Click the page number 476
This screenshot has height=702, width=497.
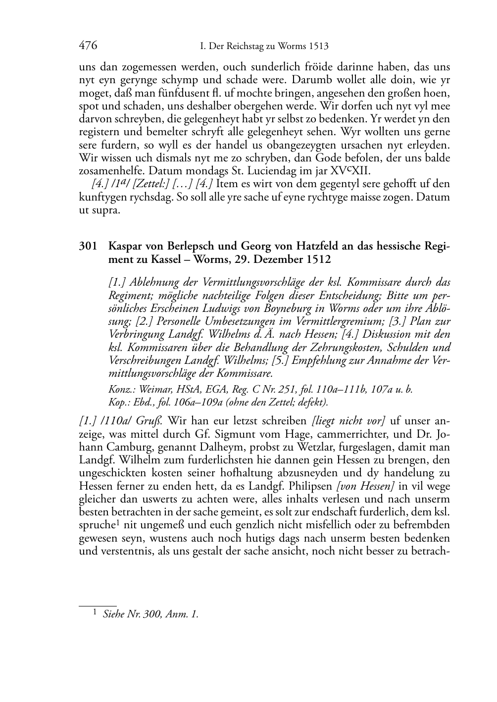coord(88,46)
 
